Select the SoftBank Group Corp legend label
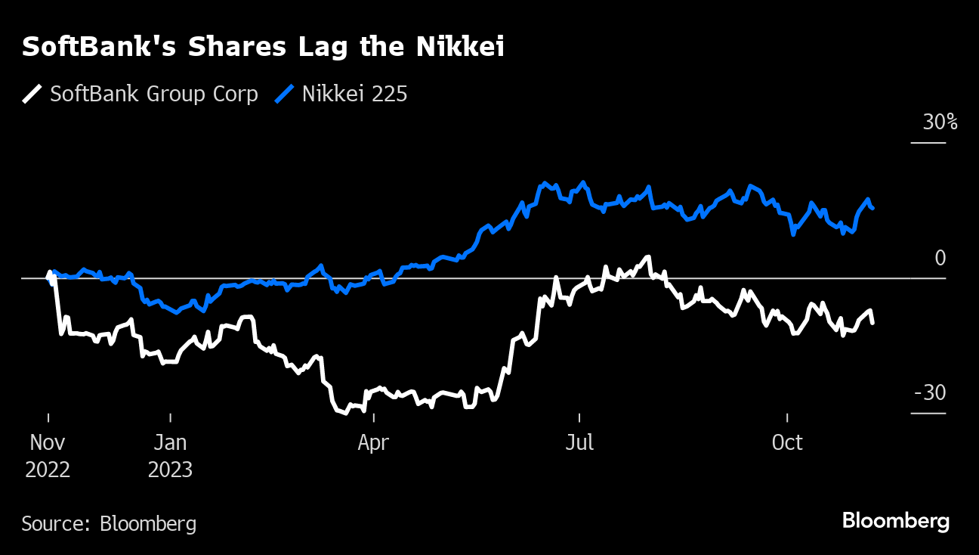154,95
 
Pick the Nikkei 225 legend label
355,95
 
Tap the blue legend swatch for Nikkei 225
284,95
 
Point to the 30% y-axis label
940,122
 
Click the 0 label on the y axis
940,259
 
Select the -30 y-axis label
930,394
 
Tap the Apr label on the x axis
373,443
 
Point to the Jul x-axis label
579,443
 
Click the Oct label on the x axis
787,443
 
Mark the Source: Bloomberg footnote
109,524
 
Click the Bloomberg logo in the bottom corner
896,521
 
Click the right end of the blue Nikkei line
873,208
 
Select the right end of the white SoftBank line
873,323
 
